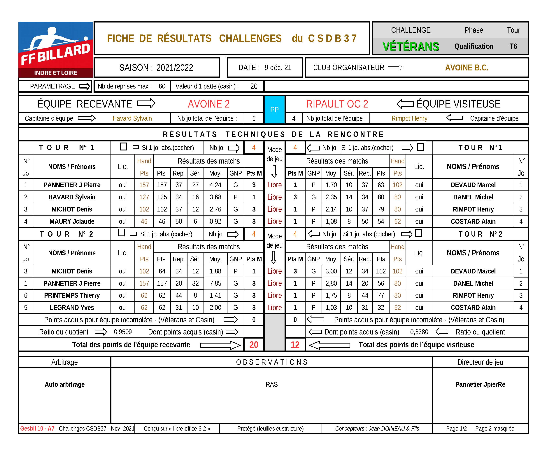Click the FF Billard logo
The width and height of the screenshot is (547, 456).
pos(55,50)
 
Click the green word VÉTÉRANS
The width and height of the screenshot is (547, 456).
pos(411,47)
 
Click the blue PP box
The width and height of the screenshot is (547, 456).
pos(275,110)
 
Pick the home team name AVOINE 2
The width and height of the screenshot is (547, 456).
pos(209,104)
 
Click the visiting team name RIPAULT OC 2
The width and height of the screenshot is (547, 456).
pos(337,104)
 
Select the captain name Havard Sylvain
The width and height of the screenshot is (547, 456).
pos(132,118)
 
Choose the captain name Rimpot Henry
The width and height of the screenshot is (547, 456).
pos(409,118)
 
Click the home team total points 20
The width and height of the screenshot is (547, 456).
pos(254,345)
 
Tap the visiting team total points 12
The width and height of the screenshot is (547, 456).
pos(295,345)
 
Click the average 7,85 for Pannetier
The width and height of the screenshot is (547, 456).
pos(215,283)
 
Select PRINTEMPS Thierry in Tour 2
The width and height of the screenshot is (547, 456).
pos(72,295)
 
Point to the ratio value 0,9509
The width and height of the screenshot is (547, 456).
pos(123,332)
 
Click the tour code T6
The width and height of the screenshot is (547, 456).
pos(513,46)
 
